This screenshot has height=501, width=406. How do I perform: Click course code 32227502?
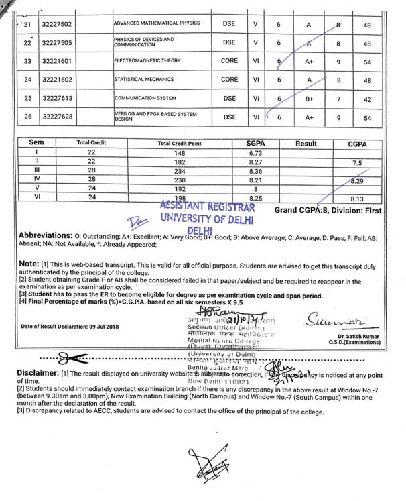(57, 24)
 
